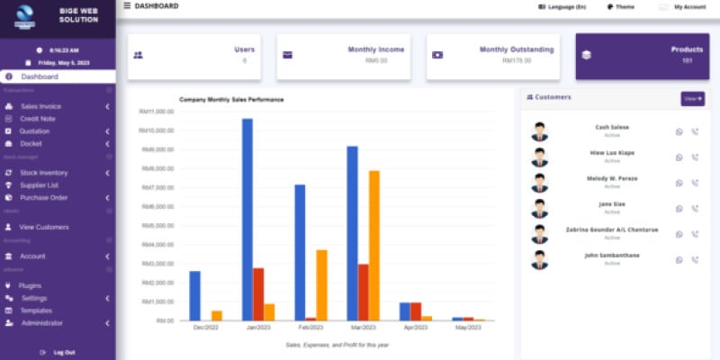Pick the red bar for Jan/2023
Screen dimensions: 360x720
258,293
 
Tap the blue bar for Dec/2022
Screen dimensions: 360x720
194,295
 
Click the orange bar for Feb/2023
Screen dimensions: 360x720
321,284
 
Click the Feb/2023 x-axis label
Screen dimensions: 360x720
310,328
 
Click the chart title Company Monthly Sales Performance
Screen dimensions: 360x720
231,99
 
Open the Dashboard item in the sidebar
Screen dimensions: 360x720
40,76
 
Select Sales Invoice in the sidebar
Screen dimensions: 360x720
40,106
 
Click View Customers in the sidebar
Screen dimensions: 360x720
44,227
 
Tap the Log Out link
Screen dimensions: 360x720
64,352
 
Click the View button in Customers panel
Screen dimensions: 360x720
692,98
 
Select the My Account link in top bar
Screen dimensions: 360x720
689,6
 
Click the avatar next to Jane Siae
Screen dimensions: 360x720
539,209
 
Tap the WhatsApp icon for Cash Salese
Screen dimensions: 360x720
679,132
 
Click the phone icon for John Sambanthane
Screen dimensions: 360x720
695,260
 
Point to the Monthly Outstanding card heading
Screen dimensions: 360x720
517,49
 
